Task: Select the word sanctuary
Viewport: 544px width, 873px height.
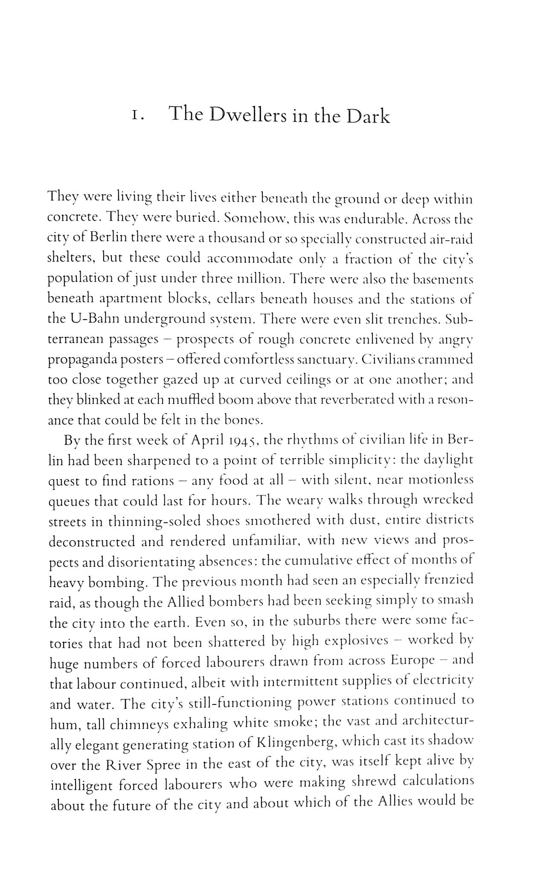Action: pyautogui.click(x=325, y=360)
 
